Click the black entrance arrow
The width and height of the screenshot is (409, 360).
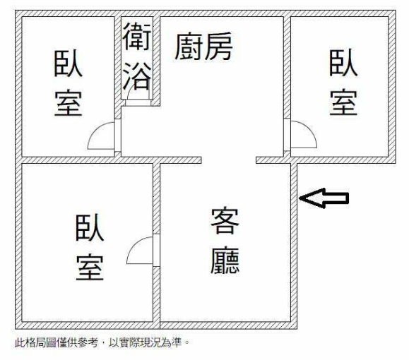(324, 198)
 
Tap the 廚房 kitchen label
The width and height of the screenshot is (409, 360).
(203, 47)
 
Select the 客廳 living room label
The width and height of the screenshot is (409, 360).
(225, 241)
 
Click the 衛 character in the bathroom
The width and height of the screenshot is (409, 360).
(137, 36)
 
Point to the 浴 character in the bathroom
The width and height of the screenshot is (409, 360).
(137, 76)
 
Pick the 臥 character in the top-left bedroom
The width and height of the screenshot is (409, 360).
(68, 63)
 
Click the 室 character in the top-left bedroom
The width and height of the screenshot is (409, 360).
(69, 103)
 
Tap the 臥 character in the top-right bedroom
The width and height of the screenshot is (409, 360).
(343, 63)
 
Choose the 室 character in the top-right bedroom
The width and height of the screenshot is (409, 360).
(343, 102)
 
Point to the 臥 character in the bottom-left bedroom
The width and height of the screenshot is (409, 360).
(90, 227)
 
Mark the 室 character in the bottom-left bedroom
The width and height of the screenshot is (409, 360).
(90, 268)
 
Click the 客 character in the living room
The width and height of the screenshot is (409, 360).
(225, 221)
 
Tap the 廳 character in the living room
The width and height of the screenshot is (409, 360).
(225, 260)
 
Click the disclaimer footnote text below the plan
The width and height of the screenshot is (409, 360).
(102, 342)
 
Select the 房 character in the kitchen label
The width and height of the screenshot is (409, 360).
(218, 47)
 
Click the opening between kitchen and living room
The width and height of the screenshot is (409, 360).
(228, 160)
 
